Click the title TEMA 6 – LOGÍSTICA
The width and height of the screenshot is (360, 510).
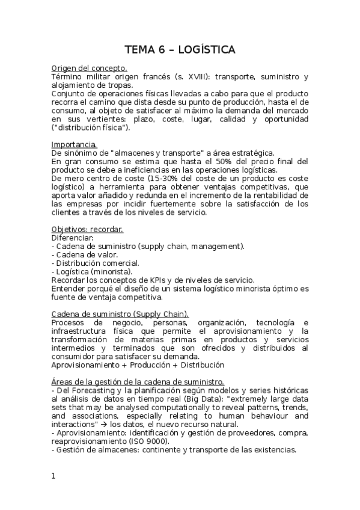tap(180, 49)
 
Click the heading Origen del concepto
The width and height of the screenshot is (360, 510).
tap(89, 69)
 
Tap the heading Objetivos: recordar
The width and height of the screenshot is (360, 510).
tap(88, 230)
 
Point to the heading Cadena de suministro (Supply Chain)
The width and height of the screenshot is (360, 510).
tap(120, 314)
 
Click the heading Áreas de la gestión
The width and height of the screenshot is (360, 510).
tap(138, 382)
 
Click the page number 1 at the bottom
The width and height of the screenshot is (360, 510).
tap(53, 476)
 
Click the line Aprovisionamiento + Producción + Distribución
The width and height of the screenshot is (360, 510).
tap(138, 364)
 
